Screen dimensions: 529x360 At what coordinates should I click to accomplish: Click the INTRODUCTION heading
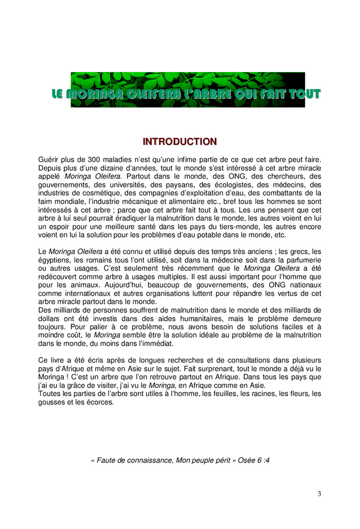point(179,142)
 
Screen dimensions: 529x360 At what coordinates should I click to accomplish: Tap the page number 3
point(319,494)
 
